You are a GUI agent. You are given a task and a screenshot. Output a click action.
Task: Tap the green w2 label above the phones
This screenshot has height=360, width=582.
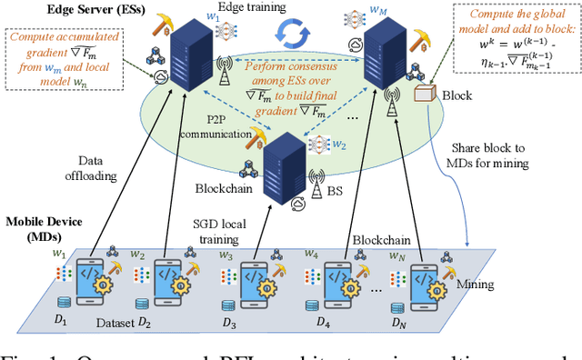137,255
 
